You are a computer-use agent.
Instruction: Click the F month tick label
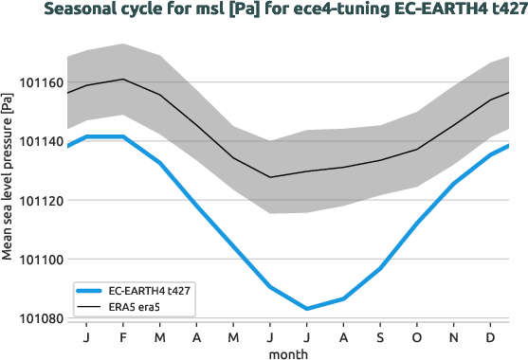coord(122,337)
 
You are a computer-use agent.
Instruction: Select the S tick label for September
coord(380,337)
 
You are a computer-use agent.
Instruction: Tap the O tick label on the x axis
coord(417,337)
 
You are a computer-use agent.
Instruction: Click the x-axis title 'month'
coord(288,352)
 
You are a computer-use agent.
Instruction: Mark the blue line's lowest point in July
coord(306,309)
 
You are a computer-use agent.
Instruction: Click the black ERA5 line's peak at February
coord(122,80)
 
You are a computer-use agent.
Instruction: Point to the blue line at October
coord(417,224)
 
